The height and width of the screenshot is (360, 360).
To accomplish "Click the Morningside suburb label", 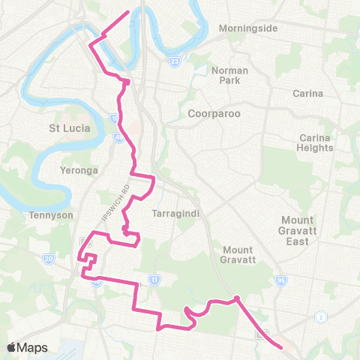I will (x=248, y=28).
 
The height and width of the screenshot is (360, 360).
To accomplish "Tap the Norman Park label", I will (x=229, y=75).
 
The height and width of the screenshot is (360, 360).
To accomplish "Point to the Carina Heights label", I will (x=316, y=142).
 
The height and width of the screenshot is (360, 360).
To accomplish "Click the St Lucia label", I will (x=69, y=127).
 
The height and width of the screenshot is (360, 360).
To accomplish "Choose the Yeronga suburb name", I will (x=78, y=170).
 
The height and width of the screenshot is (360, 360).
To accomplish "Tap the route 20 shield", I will (x=49, y=259).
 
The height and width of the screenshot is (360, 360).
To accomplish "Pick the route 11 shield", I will (x=154, y=279).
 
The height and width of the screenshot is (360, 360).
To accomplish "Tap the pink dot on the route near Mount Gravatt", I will (x=236, y=298).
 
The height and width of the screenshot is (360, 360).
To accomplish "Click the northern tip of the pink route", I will (x=129, y=11).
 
